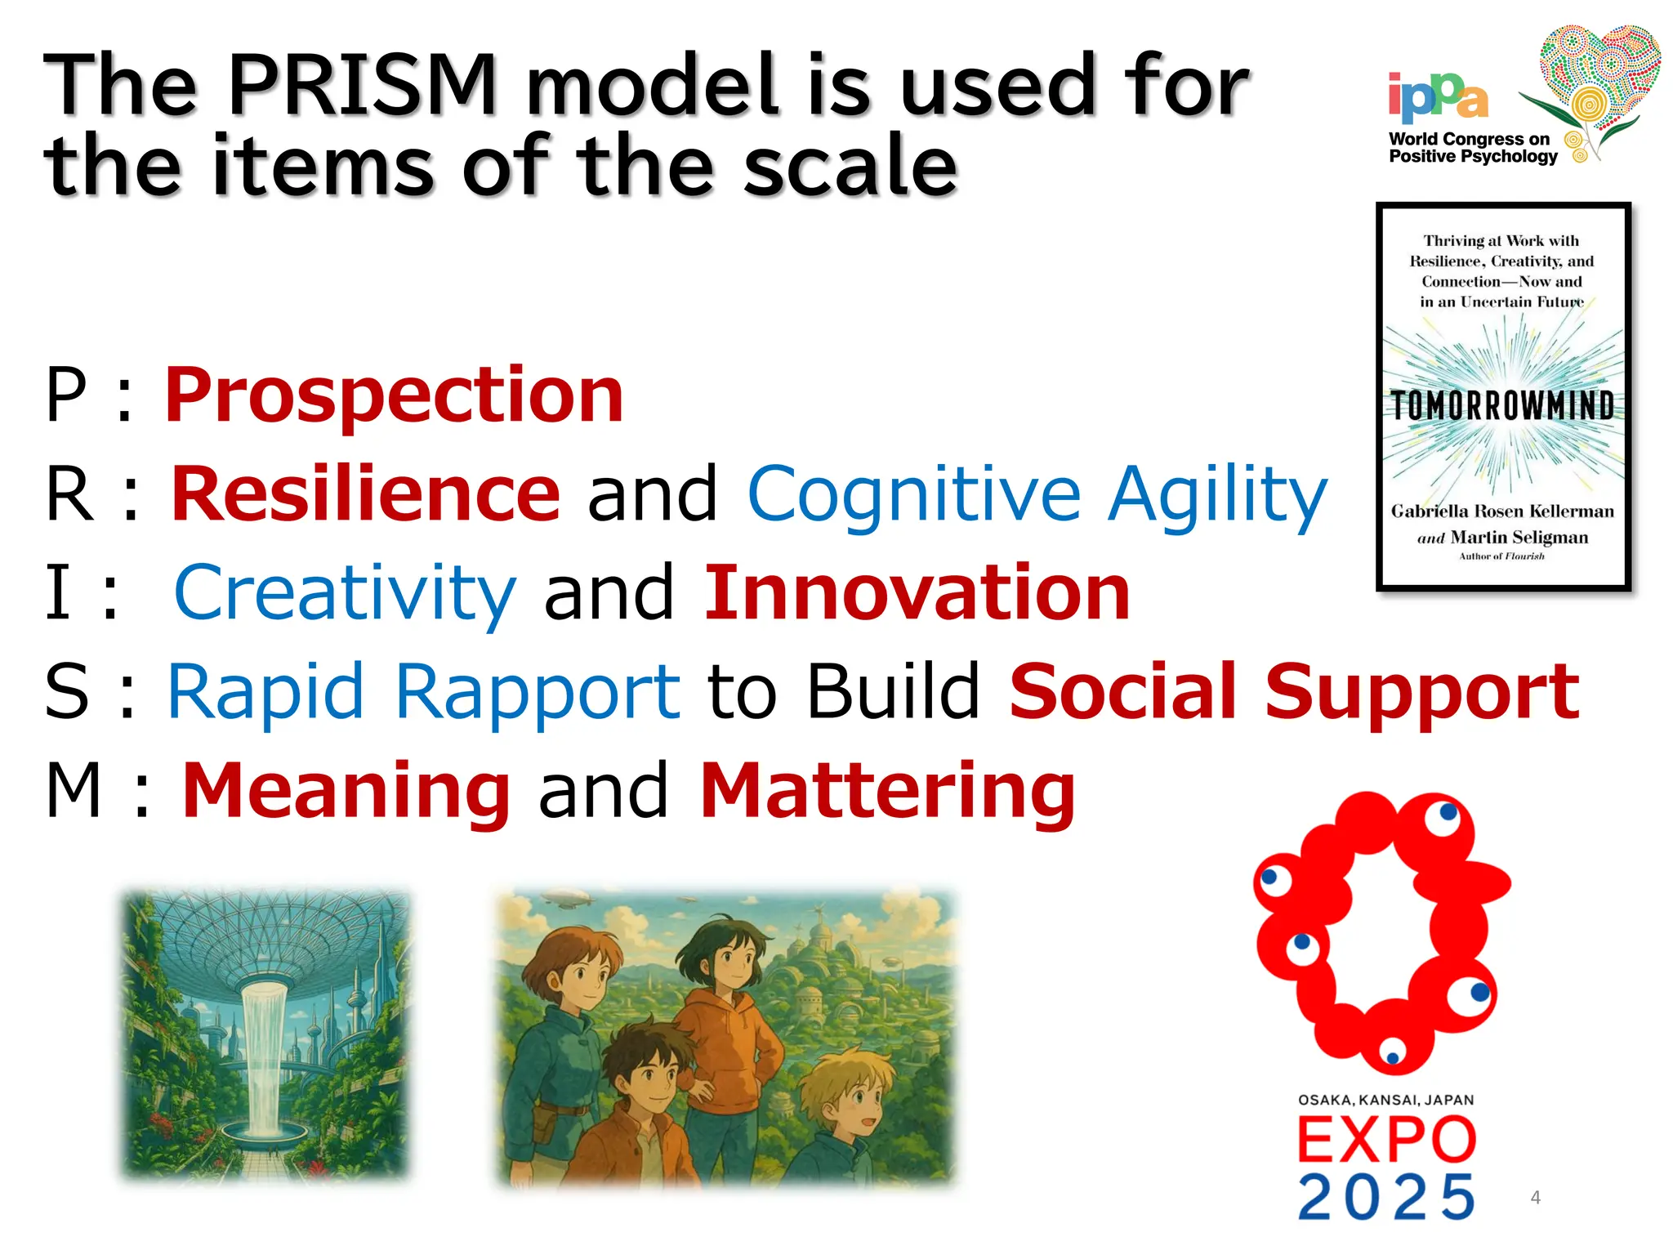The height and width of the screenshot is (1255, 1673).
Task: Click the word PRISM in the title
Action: tap(363, 85)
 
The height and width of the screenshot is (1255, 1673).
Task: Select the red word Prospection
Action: tap(395, 395)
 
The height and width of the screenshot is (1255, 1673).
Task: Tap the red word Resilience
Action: tap(365, 494)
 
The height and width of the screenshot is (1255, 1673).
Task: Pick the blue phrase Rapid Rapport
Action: tap(423, 692)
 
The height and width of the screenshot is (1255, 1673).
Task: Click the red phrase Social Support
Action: tap(1294, 692)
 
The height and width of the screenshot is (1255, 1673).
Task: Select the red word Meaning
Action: tap(346, 790)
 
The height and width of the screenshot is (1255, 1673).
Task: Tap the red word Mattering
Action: tap(888, 790)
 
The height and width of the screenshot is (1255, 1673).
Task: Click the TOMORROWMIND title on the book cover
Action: tap(1503, 405)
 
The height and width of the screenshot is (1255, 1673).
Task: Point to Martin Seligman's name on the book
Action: tap(1519, 538)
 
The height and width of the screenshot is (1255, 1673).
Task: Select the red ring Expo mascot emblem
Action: tap(1381, 931)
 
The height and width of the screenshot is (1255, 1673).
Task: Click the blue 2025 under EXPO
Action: tap(1387, 1198)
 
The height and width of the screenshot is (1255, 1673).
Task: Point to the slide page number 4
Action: tap(1536, 1198)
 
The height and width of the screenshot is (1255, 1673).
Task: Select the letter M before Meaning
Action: tap(74, 790)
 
